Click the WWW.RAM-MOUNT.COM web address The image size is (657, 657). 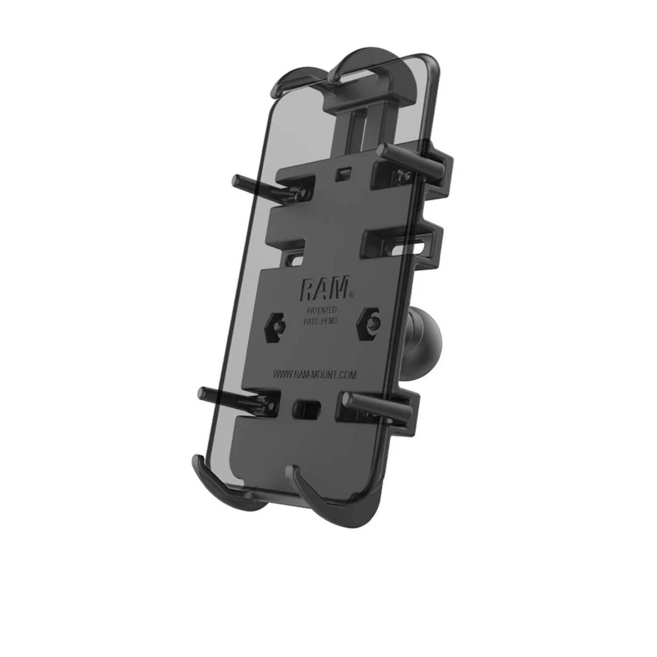[314, 375]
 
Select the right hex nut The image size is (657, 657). [369, 325]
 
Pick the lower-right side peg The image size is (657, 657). [377, 405]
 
